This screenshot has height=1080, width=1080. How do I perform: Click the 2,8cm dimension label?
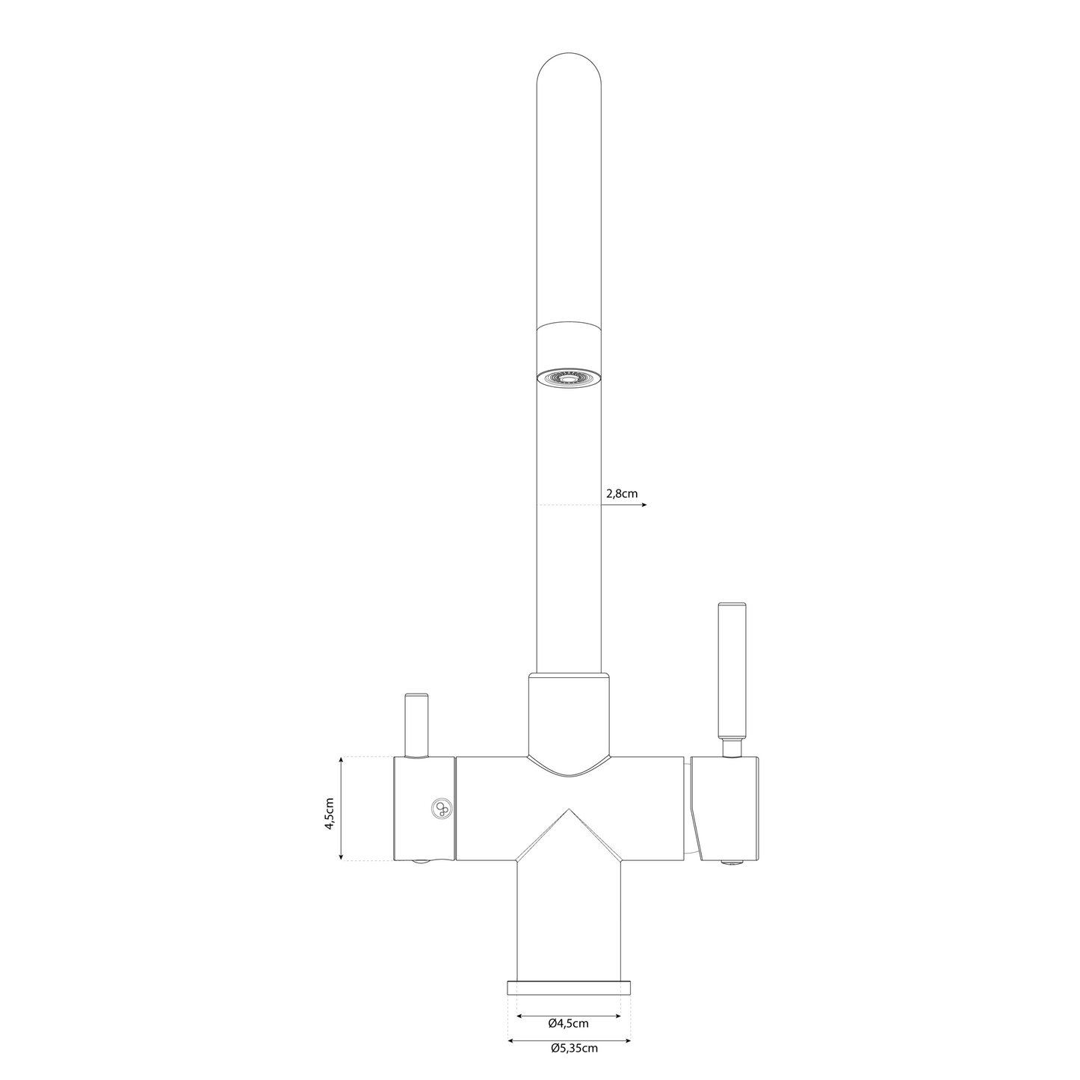tap(621, 494)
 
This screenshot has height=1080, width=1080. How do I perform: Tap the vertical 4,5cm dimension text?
tap(330, 808)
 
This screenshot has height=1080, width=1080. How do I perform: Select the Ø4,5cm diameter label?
tap(568, 1023)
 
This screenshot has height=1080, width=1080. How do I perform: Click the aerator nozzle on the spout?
tap(569, 378)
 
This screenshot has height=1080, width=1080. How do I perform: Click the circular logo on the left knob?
tap(441, 808)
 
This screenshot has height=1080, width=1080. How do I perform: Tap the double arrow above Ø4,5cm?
tap(568, 1016)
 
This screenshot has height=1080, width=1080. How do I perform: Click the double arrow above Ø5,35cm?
tap(569, 1040)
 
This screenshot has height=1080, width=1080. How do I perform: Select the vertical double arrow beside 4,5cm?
tap(341, 808)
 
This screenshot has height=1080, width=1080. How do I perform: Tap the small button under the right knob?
tap(732, 863)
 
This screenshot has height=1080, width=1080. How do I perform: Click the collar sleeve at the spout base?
tap(569, 714)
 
